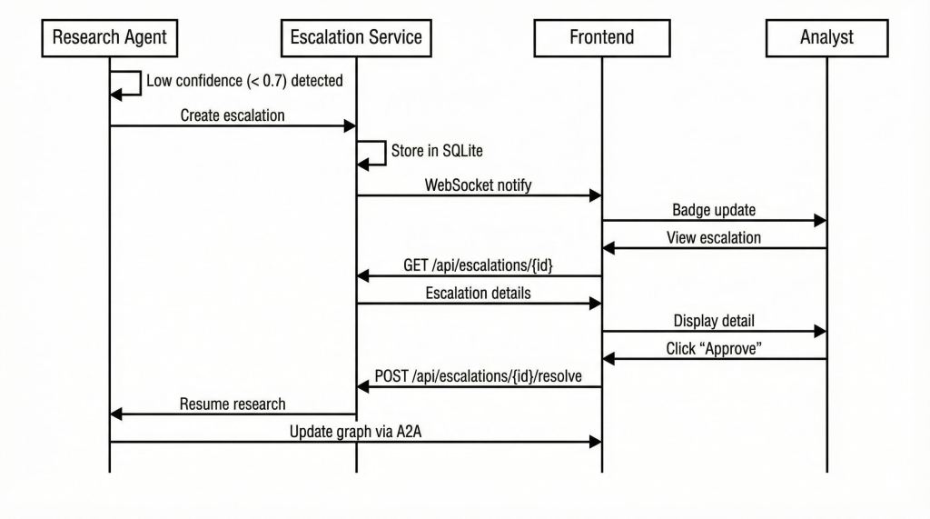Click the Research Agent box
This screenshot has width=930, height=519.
[x=110, y=37]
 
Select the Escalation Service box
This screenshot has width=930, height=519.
[x=356, y=37]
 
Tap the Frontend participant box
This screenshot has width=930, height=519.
[x=601, y=37]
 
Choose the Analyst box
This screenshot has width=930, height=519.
[x=826, y=37]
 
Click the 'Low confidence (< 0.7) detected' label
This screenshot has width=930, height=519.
[x=244, y=81]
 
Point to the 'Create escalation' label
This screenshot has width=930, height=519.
[x=232, y=115]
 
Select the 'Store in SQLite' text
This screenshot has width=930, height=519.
[x=430, y=150]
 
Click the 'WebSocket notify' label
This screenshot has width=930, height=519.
[x=478, y=185]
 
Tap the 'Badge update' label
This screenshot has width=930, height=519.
[x=714, y=210]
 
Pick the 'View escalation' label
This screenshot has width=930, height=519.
[x=714, y=238]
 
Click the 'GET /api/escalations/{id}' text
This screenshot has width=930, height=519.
[x=478, y=265]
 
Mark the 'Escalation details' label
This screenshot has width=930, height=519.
[x=478, y=294]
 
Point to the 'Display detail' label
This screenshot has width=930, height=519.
[x=714, y=321]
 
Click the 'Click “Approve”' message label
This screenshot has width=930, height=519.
[x=714, y=349]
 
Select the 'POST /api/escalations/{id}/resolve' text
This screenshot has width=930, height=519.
[x=478, y=376]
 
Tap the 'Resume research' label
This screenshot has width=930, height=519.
[x=232, y=404]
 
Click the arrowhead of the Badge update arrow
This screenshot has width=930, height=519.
[x=820, y=220]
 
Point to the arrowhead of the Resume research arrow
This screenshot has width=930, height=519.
[x=116, y=414]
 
